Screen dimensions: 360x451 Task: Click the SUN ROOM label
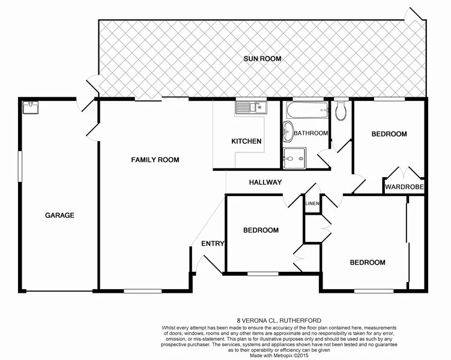tap(262, 59)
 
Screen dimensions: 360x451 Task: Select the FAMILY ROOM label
tap(156, 160)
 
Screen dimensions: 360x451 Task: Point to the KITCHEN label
tap(246, 142)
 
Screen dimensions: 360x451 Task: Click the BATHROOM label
tap(310, 133)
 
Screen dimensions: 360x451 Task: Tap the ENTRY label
tap(213, 244)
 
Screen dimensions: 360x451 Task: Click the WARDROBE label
tap(405, 187)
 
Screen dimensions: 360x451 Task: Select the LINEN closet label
tap(312, 204)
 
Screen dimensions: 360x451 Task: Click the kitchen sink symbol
tap(251, 108)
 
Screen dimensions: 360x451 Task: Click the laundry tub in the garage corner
tap(29, 107)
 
